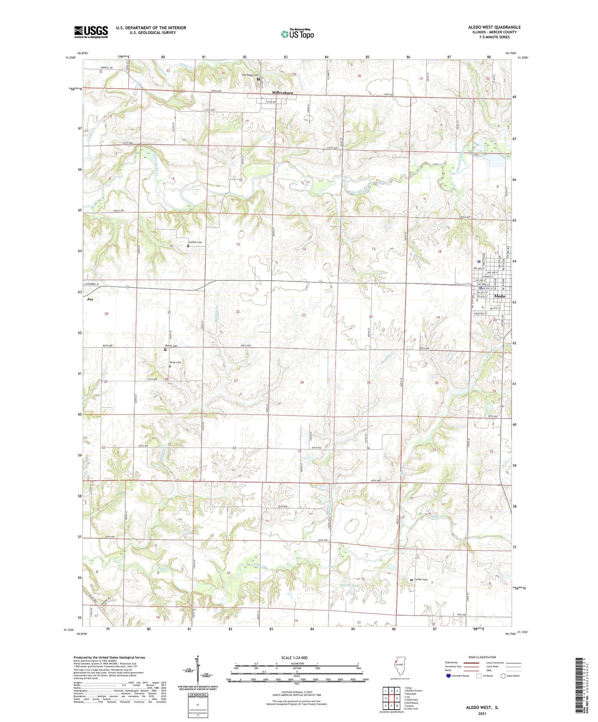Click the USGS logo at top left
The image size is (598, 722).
91,32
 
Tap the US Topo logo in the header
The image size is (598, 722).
297,34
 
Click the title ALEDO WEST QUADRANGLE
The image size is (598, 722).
494,27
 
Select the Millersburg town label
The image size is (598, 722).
282,93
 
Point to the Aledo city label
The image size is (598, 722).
500,296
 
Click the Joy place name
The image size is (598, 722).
90,299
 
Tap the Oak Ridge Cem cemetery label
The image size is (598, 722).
250,75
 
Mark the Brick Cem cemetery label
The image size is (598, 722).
175,362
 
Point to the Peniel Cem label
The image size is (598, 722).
171,346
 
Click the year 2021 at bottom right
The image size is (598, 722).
482,713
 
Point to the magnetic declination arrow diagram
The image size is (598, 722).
197,670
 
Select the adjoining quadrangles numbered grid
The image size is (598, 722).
391,697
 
